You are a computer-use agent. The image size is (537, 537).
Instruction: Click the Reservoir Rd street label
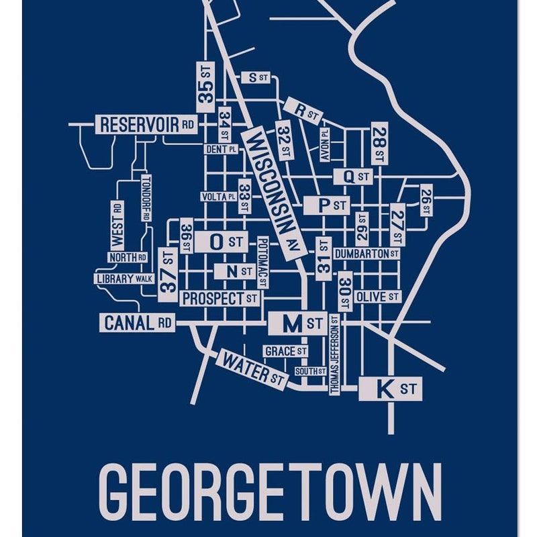147,125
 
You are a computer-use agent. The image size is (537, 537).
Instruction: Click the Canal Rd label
138,323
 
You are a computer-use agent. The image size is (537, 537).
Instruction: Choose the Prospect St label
220,297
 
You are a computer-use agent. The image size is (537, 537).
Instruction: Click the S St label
256,77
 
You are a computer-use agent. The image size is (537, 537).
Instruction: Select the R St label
302,111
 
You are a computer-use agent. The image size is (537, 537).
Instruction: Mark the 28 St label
379,144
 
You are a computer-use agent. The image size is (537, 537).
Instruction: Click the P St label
326,205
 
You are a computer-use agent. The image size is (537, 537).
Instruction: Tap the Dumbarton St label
367,254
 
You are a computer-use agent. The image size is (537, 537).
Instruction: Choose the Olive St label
377,296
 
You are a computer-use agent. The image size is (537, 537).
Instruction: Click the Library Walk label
125,279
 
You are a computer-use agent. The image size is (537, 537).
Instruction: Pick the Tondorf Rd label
145,198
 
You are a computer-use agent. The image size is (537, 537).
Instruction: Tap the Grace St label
285,351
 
